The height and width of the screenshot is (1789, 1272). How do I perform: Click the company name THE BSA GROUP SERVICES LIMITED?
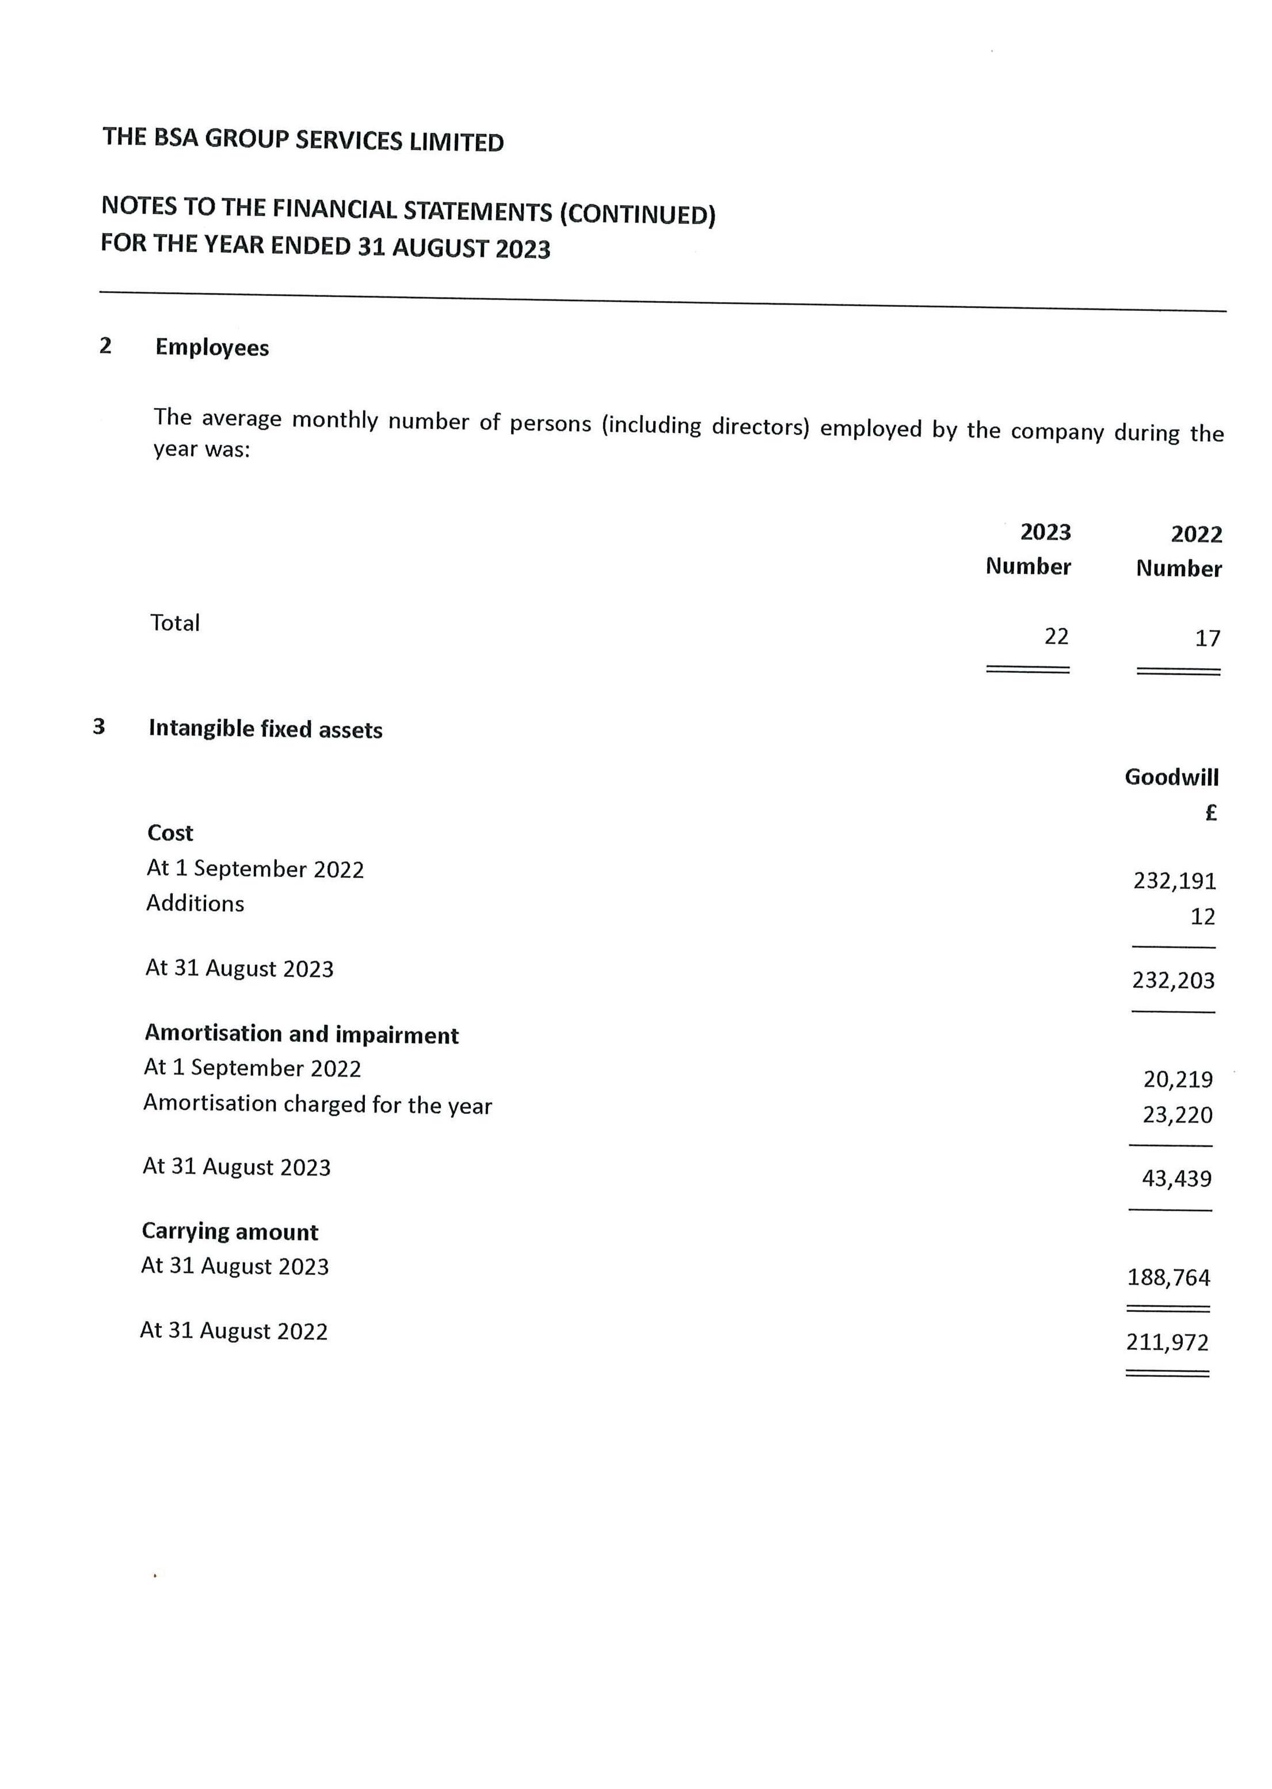(303, 140)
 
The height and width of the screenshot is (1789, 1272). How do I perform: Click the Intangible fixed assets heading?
(265, 729)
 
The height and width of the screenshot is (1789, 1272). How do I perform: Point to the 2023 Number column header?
(1029, 549)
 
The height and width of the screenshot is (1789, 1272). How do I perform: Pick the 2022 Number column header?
(1179, 551)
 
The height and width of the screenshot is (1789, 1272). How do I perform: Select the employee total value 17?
(1207, 639)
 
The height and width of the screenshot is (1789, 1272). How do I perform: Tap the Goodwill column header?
(1172, 777)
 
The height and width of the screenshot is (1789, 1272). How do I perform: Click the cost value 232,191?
(1175, 881)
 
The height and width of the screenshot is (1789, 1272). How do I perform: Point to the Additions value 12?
(1202, 916)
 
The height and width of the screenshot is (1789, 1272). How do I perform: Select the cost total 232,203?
(1174, 981)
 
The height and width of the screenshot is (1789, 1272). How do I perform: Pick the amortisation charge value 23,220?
(1177, 1114)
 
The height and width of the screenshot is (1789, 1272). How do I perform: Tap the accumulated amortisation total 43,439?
(1176, 1179)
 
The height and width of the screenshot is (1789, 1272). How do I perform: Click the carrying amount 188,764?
(1168, 1278)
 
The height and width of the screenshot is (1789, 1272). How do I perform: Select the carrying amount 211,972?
(1168, 1342)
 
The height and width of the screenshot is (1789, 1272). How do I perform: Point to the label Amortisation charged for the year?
(318, 1105)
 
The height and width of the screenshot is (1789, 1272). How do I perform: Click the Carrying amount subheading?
(230, 1232)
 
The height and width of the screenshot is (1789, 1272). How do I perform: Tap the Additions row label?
(195, 904)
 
